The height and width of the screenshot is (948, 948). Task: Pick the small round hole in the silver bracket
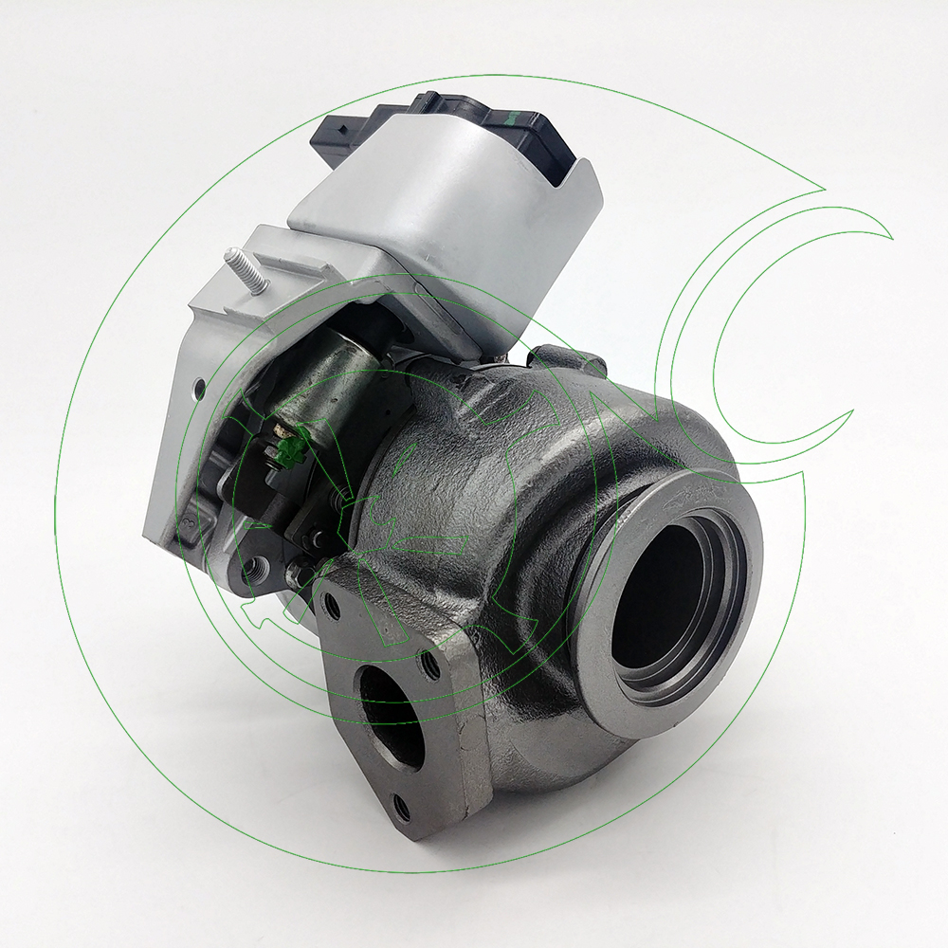200,386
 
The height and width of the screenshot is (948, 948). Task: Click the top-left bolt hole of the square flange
331,607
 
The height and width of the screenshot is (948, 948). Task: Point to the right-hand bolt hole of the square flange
432,665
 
